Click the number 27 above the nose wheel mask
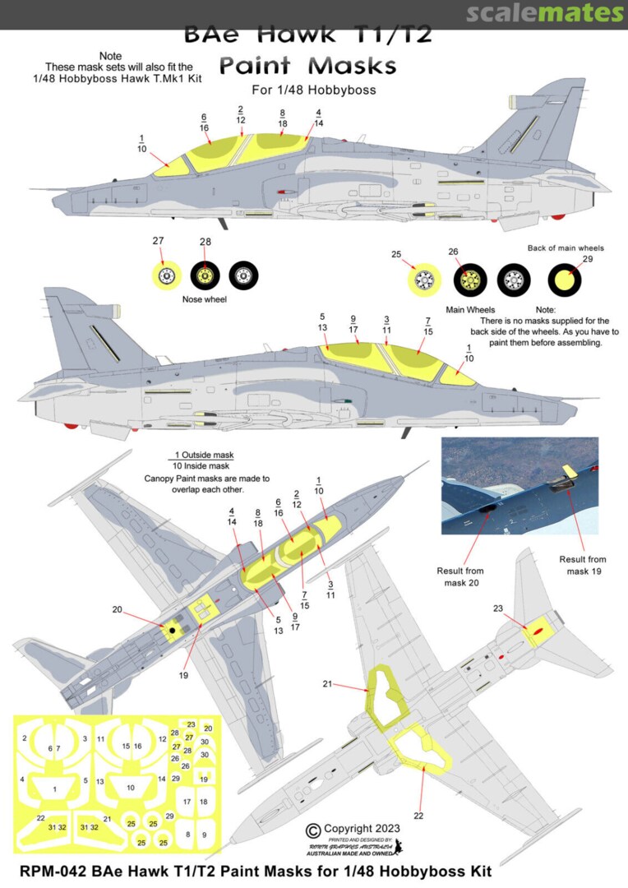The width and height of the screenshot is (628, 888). coord(158,241)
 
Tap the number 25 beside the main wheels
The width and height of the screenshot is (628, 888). coord(396,254)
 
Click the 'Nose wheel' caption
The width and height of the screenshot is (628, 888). coord(203,299)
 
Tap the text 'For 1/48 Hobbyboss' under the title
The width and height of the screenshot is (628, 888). coord(312,89)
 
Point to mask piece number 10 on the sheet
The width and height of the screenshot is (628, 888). coord(130,788)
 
